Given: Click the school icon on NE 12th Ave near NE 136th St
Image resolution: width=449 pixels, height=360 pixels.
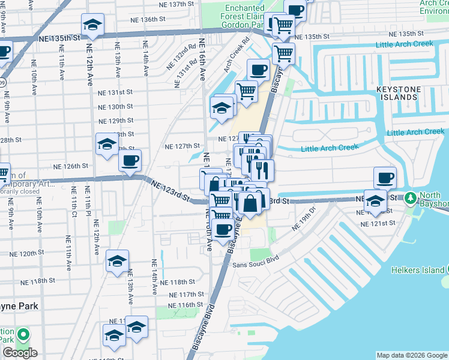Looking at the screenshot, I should point(92,25).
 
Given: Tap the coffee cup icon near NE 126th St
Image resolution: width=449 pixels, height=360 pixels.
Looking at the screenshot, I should point(130,161).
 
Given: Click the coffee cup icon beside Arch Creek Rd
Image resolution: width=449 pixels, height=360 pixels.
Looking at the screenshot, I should point(258,70).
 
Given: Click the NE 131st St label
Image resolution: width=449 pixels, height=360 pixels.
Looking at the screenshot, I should point(116,92).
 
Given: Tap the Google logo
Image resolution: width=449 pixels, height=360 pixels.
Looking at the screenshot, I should point(20,353).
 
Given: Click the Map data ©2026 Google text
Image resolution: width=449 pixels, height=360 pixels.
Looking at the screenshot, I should point(411,355).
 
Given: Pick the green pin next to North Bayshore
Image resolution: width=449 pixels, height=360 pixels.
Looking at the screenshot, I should point(411,197).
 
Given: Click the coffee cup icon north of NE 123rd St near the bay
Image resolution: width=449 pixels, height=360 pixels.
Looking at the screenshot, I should point(385,178).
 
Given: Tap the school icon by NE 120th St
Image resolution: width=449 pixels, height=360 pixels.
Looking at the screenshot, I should point(117,260).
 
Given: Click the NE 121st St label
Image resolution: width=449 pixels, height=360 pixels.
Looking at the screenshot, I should point(378,223).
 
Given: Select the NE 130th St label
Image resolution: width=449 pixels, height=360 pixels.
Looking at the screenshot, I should point(116,106).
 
